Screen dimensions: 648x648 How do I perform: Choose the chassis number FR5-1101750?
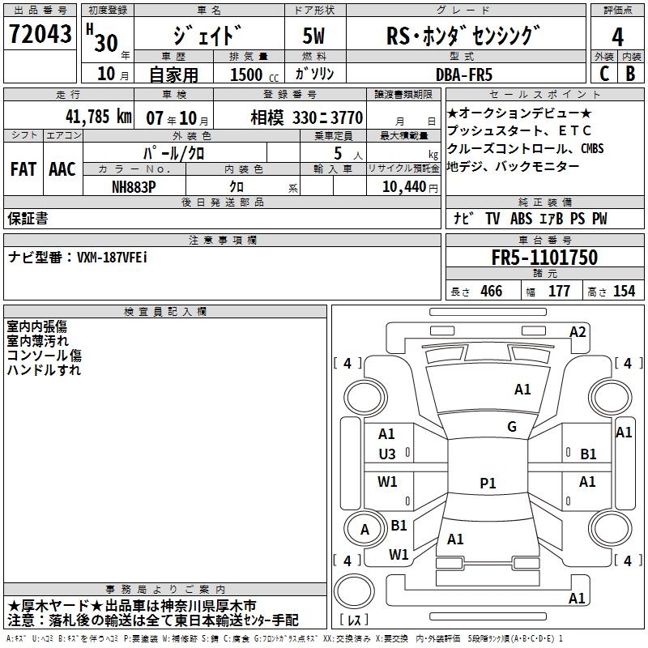point(544,258)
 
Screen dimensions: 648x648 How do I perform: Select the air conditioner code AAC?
point(62,169)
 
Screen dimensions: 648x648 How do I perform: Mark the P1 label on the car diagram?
point(487,483)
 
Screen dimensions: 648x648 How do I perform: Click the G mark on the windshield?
point(511,427)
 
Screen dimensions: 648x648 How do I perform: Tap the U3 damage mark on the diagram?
point(386,454)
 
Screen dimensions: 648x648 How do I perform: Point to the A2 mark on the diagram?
point(577,331)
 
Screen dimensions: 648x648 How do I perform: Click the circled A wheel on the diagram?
point(364,529)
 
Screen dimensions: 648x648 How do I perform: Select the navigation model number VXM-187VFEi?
point(112,257)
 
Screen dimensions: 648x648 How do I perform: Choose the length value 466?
point(490,292)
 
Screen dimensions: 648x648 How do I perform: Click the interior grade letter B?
point(629,74)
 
